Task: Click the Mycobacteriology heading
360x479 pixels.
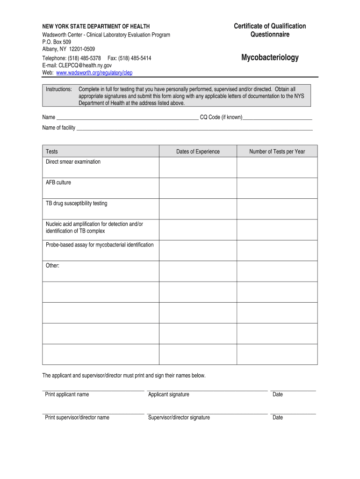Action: pyautogui.click(x=270, y=58)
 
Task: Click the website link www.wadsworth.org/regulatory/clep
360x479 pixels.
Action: pyautogui.click(x=94, y=73)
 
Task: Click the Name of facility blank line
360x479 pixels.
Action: pyautogui.click(x=194, y=128)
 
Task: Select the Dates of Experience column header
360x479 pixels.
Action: pyautogui.click(x=198, y=152)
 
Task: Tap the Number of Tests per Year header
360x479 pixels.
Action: pyautogui.click(x=277, y=152)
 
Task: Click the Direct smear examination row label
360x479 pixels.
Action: pyautogui.click(x=73, y=162)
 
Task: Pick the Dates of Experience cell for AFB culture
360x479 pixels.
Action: pyautogui.click(x=198, y=188)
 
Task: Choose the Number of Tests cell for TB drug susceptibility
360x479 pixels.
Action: pyautogui.click(x=277, y=209)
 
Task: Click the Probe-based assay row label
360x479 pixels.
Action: pyautogui.click(x=100, y=245)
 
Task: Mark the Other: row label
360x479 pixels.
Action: pyautogui.click(x=52, y=266)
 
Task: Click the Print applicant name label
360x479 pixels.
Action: pyautogui.click(x=67, y=394)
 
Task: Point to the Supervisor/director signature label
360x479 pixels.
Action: pyautogui.click(x=179, y=417)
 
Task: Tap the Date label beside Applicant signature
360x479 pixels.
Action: pyautogui.click(x=278, y=394)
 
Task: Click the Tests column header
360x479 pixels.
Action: pyautogui.click(x=52, y=152)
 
